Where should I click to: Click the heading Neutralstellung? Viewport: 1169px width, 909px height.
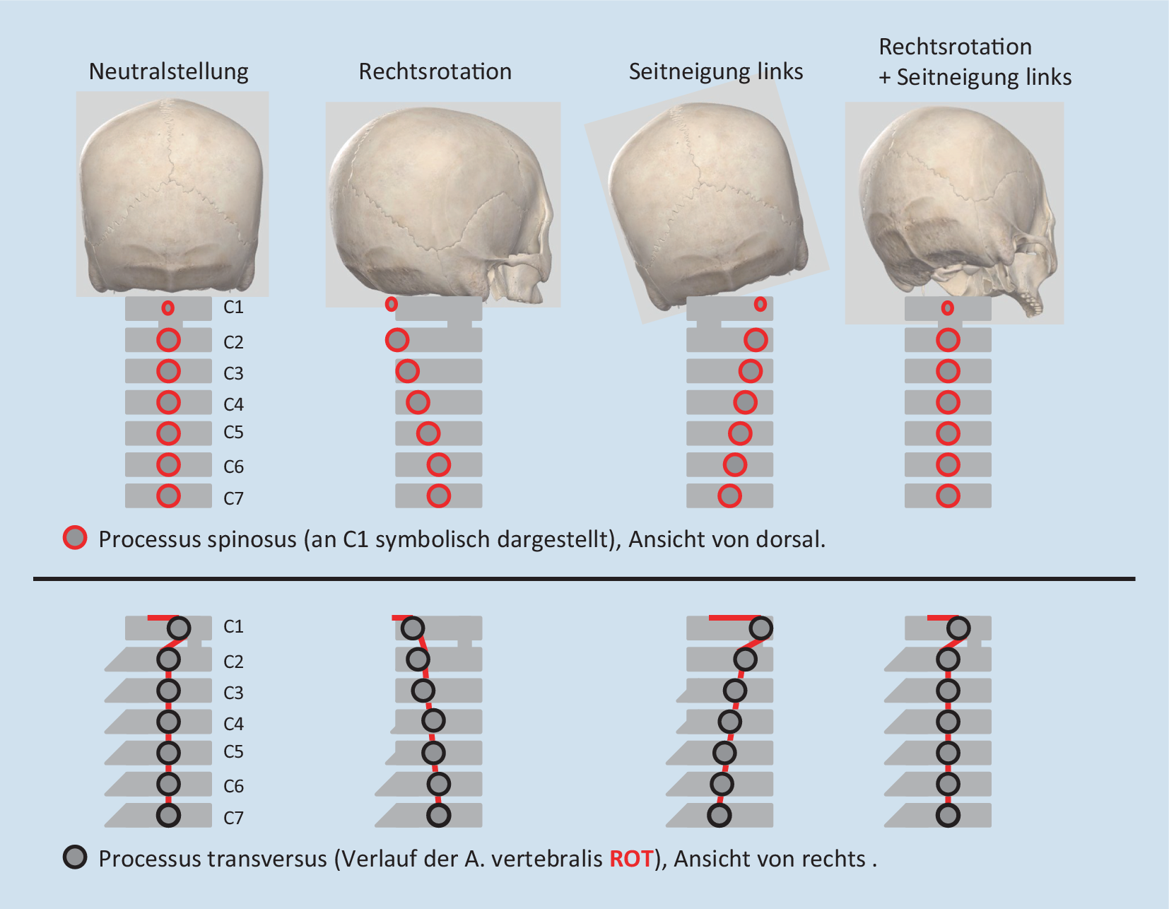coord(168,72)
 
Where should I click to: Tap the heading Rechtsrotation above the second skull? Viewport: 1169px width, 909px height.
coord(435,72)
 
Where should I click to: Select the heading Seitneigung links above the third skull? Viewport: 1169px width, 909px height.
coord(715,72)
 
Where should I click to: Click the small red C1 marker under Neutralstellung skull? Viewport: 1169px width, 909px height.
coord(168,308)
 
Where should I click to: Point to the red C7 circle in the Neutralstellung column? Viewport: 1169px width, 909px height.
coord(168,496)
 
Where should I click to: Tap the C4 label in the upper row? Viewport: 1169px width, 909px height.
coord(233,404)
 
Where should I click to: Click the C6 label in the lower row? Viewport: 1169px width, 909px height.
coord(233,786)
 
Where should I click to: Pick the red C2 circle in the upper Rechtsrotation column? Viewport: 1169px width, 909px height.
coord(397,340)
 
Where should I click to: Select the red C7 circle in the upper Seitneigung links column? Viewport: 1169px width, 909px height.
coord(729,496)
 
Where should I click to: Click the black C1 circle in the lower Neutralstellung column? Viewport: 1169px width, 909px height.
coord(179,628)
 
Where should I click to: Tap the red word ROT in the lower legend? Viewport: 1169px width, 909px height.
coord(631,859)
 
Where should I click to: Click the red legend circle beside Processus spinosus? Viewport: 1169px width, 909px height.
coord(75,538)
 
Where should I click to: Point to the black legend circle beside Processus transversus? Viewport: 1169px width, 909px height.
coord(75,857)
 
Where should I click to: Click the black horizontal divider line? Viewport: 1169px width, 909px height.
coord(584,579)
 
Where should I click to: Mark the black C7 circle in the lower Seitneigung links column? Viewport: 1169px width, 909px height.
coord(719,815)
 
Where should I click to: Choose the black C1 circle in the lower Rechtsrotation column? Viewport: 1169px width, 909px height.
coord(412,628)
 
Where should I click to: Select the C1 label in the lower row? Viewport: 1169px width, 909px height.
coord(233,626)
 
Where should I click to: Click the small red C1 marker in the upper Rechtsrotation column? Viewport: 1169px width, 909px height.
coord(391,304)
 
